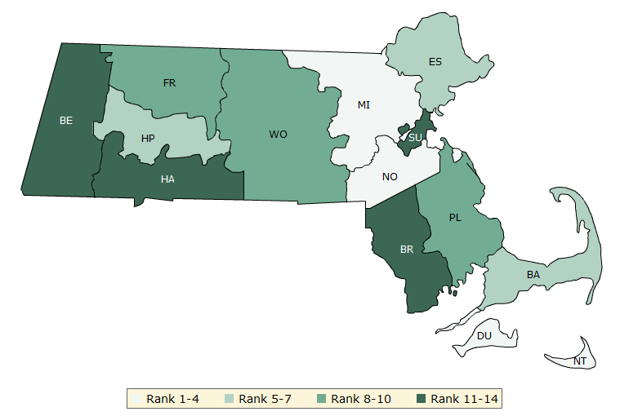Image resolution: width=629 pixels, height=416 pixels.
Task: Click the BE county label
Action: click(x=66, y=121)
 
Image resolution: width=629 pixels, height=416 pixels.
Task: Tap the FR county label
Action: click(x=169, y=83)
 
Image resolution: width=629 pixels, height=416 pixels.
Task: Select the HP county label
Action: click(x=148, y=139)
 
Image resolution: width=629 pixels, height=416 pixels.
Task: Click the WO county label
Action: click(x=279, y=135)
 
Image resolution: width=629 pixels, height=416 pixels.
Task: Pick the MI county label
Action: click(x=364, y=105)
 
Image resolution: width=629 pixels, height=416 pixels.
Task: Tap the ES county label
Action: click(x=435, y=62)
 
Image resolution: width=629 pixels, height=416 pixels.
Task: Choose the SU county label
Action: click(x=415, y=138)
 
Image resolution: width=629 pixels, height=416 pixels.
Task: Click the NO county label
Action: click(x=390, y=176)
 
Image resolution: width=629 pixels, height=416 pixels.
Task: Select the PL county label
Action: click(x=456, y=218)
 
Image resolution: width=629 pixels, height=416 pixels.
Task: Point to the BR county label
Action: click(x=407, y=250)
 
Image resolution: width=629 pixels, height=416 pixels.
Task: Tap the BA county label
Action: click(x=533, y=275)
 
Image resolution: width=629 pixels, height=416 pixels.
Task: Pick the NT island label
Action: click(x=579, y=361)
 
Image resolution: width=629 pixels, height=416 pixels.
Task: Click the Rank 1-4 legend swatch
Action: click(x=136, y=399)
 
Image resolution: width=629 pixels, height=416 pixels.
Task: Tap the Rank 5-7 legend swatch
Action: click(x=229, y=399)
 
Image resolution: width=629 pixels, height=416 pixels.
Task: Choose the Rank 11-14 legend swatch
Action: click(x=422, y=399)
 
